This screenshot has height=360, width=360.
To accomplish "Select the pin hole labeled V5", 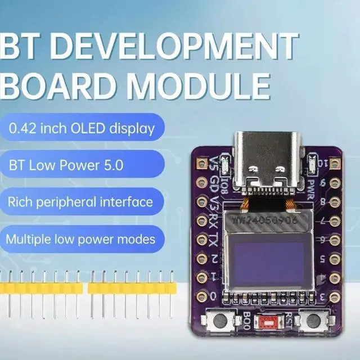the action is click(202, 164).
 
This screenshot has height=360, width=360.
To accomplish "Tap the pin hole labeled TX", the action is click(202, 239).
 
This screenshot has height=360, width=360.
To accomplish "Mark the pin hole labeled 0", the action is click(202, 295).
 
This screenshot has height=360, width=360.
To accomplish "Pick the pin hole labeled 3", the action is click(335, 296).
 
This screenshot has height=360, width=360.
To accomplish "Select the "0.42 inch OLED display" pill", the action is click(82, 128).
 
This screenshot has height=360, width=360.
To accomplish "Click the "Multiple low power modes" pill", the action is click(81, 238).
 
